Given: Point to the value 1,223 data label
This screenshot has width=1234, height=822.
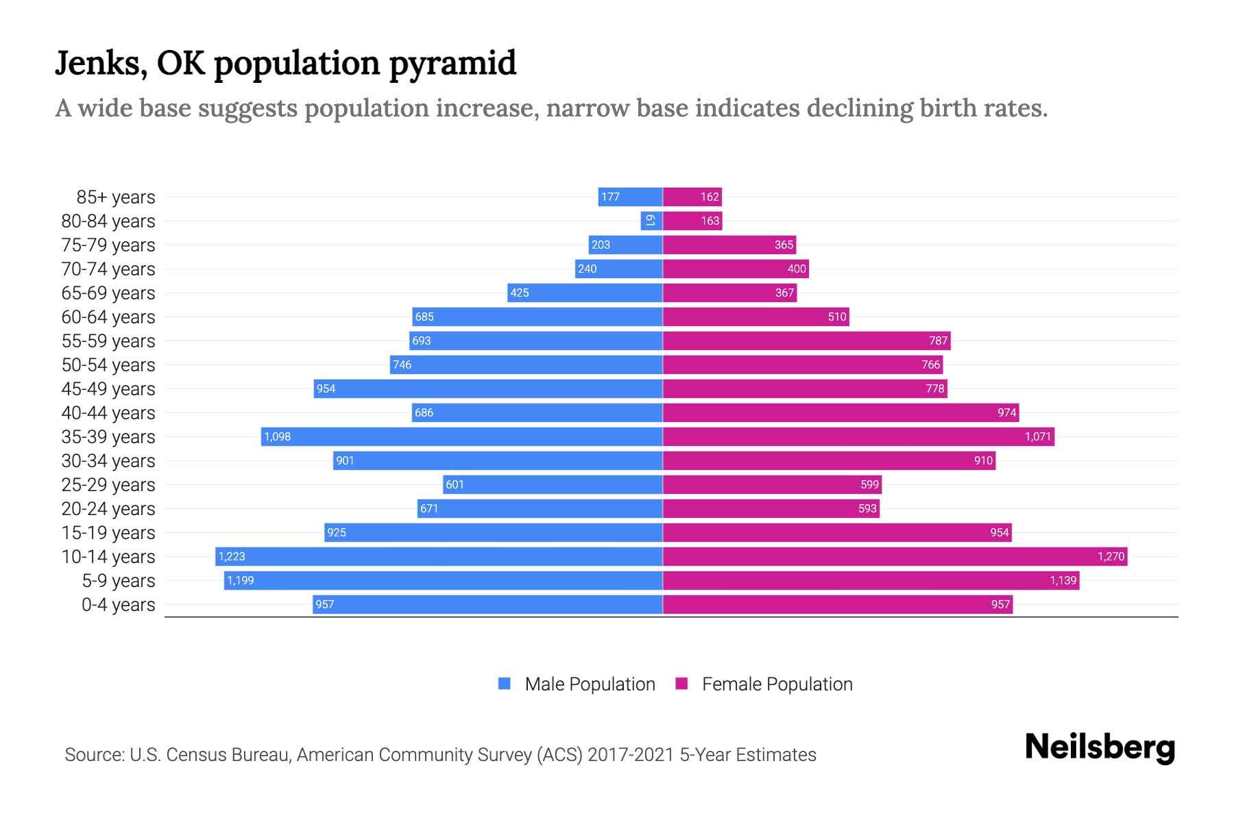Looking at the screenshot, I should (232, 556).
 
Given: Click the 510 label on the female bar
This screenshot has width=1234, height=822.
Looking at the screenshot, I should (837, 316).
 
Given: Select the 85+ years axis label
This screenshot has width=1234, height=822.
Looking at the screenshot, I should (116, 197).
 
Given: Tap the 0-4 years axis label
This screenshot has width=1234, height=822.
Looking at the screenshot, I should (118, 605).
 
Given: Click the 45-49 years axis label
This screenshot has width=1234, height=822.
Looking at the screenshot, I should (108, 389).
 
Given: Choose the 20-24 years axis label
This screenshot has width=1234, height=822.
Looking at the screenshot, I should (108, 509).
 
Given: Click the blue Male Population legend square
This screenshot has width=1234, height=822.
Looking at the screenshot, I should (505, 684).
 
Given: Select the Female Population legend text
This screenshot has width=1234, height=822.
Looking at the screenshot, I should (777, 684).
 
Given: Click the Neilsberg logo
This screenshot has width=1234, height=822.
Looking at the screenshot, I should (1100, 747).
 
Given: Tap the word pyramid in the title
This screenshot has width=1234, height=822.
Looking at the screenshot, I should (452, 64).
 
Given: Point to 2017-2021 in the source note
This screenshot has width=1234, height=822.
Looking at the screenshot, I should (630, 755).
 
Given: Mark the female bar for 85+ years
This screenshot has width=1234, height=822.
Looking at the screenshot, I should (692, 197).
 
